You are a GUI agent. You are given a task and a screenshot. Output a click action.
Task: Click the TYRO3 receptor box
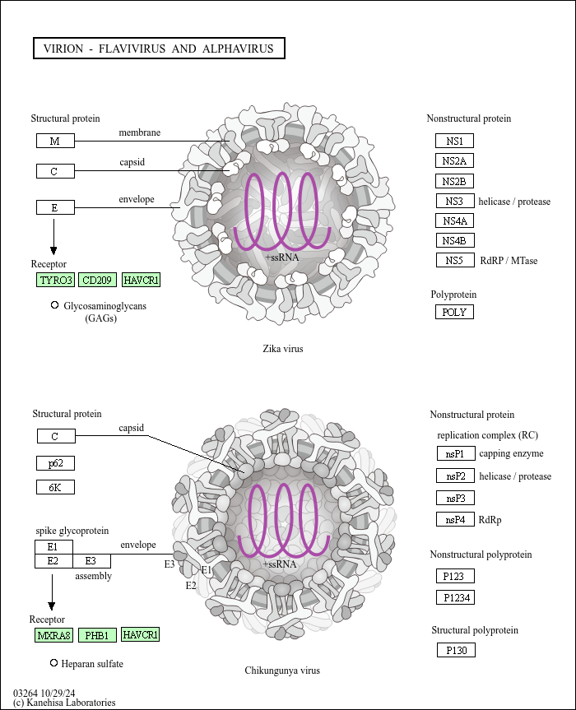tap(55, 281)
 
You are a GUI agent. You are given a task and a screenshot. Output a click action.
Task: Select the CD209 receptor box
tap(98, 281)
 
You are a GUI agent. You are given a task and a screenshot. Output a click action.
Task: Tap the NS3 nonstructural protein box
tap(454, 201)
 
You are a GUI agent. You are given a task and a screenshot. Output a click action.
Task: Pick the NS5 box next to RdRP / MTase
tap(454, 260)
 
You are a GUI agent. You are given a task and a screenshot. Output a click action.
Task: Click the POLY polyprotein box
tap(454, 312)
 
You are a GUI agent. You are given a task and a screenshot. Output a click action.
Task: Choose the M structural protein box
tap(55, 141)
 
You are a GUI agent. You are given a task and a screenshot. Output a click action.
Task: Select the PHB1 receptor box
tap(98, 635)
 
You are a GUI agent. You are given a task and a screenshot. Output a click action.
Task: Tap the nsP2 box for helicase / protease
tap(456, 476)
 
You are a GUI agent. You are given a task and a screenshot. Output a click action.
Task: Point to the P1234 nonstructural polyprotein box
tap(456, 597)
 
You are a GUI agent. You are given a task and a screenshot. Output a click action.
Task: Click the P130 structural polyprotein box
tap(456, 650)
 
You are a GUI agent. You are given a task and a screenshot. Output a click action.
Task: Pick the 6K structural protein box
tap(55, 487)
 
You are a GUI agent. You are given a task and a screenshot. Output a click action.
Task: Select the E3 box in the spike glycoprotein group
tap(91, 560)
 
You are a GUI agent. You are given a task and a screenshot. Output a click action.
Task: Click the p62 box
tap(55, 463)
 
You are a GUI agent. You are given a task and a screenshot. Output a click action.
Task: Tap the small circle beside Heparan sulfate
tap(54, 662)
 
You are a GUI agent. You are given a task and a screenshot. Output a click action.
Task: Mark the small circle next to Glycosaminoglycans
tap(54, 305)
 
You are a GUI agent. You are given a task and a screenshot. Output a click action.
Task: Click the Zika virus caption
tap(283, 349)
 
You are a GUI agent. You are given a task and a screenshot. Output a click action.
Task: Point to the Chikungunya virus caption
tap(282, 671)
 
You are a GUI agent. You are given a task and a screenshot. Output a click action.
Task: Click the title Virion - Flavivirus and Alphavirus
tap(158, 49)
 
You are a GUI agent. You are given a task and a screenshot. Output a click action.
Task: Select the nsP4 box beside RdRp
tap(456, 519)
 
